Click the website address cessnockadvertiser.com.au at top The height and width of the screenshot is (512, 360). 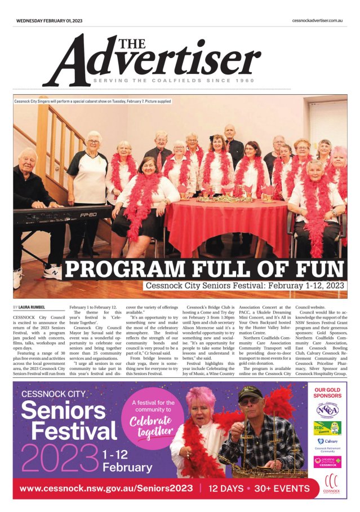click(318, 20)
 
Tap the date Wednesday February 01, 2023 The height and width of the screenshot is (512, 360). click(50, 20)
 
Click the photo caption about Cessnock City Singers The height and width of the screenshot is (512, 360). click(93, 101)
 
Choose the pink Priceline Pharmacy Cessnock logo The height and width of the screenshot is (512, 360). click(327, 462)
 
